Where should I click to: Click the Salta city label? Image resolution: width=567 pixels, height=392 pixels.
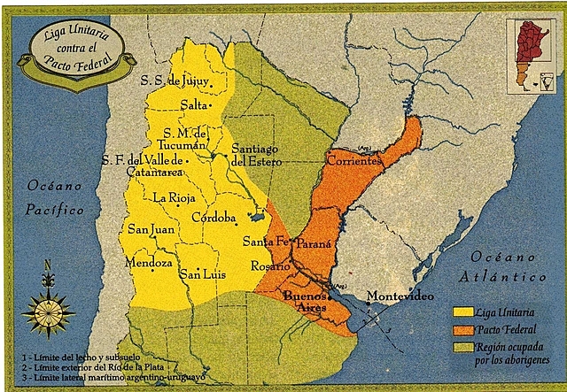coord(193,104)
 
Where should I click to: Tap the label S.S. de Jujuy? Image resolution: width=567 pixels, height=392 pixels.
coord(177,81)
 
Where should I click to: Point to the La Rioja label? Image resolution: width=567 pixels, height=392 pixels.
coord(174,196)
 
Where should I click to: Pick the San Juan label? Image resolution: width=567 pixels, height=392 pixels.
coord(151,229)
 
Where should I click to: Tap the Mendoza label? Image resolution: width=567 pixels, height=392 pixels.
coord(149,263)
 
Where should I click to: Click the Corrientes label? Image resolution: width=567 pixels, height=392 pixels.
coord(353,161)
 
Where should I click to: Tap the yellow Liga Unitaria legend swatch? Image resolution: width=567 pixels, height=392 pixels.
coord(462,311)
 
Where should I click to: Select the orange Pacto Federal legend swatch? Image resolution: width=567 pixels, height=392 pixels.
coord(462,329)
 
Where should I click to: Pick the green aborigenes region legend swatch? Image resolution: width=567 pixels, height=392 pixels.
coord(462,346)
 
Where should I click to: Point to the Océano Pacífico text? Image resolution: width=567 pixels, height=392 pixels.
coord(55,198)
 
